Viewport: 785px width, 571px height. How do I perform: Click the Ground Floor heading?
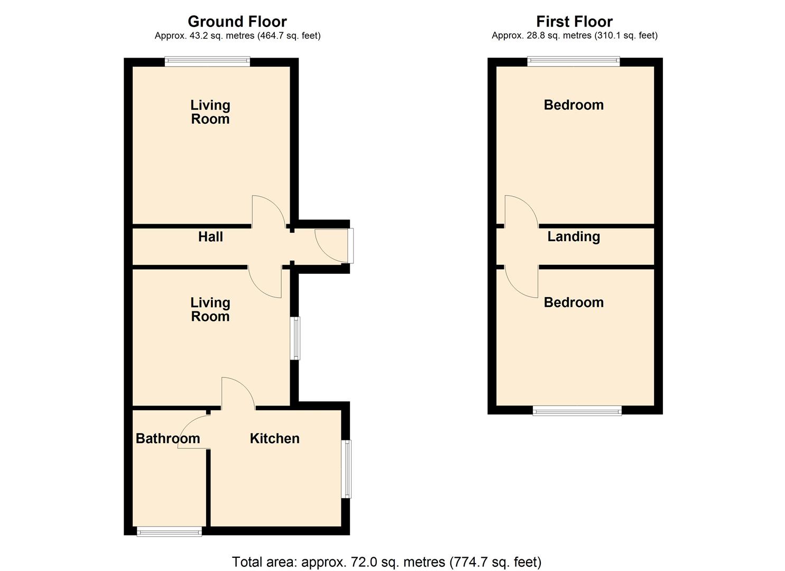237,22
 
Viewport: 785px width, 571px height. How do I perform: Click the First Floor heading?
574,22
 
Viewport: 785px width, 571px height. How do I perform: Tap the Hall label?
210,237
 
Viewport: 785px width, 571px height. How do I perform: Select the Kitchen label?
274,438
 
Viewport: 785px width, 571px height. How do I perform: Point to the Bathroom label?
168,438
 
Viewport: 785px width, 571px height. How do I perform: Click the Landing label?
574,236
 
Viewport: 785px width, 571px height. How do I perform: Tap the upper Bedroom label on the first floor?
574,105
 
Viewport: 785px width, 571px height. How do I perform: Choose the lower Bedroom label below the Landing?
574,302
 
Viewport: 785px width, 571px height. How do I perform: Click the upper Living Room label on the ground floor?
210,112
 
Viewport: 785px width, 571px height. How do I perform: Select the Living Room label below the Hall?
210,309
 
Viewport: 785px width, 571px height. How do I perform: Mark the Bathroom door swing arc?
193,431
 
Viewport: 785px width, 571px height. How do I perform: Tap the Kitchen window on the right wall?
347,469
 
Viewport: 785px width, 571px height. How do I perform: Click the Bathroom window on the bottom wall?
169,531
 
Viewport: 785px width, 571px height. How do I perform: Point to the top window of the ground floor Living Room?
207,61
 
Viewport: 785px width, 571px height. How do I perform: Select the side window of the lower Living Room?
296,338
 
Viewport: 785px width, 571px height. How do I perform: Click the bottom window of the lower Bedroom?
577,410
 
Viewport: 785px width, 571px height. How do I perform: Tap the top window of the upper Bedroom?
574,61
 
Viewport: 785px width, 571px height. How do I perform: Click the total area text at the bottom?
386,561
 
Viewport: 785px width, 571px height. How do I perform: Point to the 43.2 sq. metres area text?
237,36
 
